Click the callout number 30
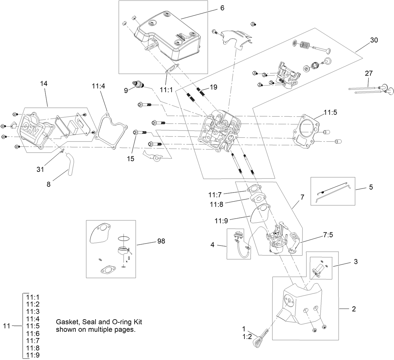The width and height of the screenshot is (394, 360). (x=374, y=40)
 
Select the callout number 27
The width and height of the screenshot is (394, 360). (x=369, y=73)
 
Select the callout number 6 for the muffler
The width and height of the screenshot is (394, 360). (x=222, y=8)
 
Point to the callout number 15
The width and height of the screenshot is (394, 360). (x=131, y=159)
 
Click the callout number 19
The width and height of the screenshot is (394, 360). (x=213, y=87)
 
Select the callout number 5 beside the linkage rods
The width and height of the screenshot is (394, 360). (x=371, y=187)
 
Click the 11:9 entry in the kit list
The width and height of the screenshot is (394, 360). (x=33, y=355)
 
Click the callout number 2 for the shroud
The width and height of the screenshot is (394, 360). (x=354, y=309)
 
